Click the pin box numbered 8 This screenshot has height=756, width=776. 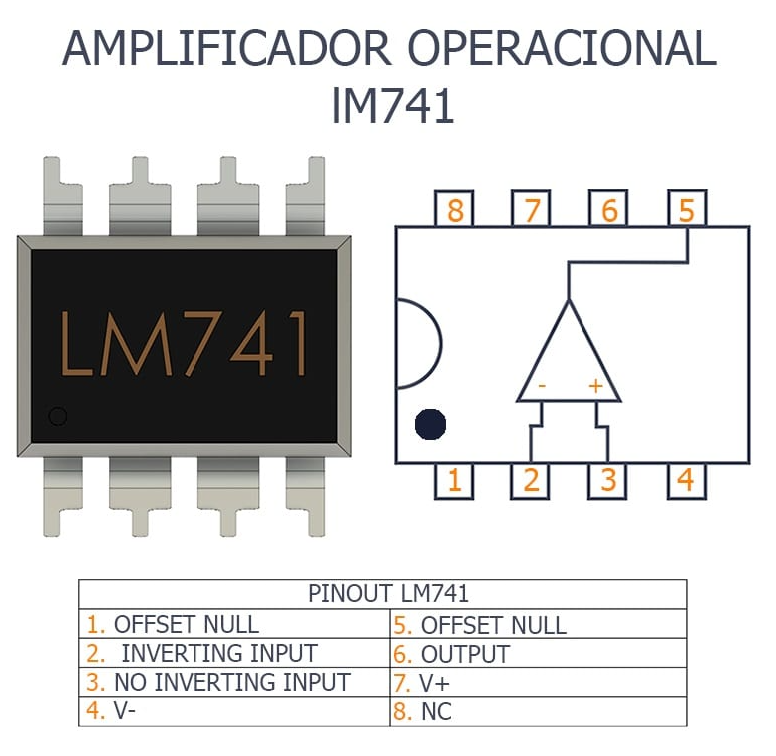click(x=455, y=210)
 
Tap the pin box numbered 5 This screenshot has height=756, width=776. click(x=686, y=210)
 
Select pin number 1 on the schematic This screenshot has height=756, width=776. click(x=455, y=480)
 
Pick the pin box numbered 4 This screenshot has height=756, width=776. click(x=685, y=480)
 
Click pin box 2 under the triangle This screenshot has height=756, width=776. click(x=531, y=480)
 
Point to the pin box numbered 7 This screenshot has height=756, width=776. click(x=532, y=210)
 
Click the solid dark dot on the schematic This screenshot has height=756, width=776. click(x=431, y=424)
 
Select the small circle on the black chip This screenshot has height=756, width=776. click(x=58, y=416)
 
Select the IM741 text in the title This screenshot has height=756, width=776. click(x=391, y=107)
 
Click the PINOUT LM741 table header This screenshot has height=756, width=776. click(x=388, y=594)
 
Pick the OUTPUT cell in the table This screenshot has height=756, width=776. click(x=464, y=655)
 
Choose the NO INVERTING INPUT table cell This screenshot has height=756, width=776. click(x=231, y=683)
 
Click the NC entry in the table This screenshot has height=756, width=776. click(x=436, y=712)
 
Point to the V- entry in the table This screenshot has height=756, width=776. click(x=124, y=712)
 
